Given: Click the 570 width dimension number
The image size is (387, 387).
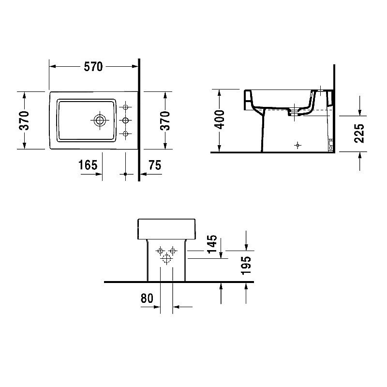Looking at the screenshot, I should [x=93, y=67].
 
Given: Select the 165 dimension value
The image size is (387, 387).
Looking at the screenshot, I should [x=88, y=165].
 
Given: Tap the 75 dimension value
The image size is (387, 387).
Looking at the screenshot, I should [x=155, y=165].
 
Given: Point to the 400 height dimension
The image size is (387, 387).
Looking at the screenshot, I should [x=220, y=119].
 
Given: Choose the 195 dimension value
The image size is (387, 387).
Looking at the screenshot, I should [x=246, y=266].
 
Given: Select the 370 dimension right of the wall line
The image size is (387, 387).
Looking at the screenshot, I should [x=164, y=120].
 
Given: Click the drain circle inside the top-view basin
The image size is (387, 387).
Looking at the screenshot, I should [x=100, y=119].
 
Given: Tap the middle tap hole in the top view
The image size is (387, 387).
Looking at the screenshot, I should [x=125, y=119].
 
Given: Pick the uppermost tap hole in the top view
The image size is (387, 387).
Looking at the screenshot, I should [x=125, y=106].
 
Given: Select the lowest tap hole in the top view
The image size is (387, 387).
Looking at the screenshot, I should [x=125, y=133].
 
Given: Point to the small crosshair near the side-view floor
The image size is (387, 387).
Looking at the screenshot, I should [x=298, y=145].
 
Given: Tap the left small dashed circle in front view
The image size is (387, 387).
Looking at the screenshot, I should [x=160, y=251].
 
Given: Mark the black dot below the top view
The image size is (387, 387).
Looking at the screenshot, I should [x=125, y=174].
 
